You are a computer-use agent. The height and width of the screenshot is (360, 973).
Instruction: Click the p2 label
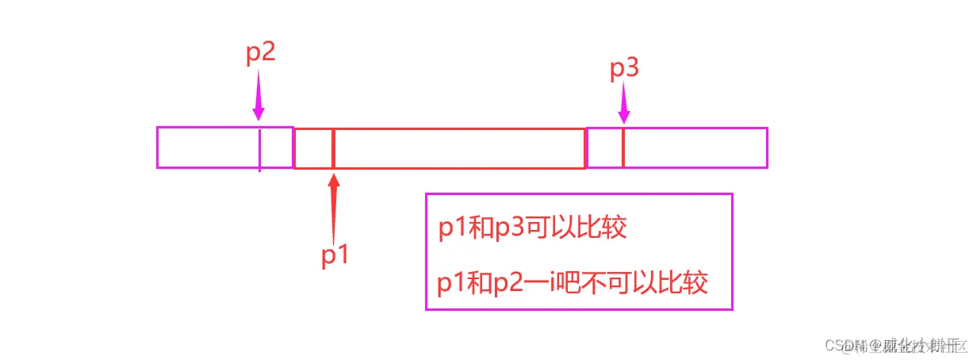click(260, 53)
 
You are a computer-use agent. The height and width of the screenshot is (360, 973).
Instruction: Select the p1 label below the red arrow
click(335, 255)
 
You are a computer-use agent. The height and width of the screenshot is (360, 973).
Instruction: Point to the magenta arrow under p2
click(259, 95)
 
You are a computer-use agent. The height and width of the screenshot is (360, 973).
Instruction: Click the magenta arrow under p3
click(623, 104)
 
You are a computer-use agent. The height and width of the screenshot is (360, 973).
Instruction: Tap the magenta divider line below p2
click(259, 148)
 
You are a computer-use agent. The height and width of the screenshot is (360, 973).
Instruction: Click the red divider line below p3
click(623, 147)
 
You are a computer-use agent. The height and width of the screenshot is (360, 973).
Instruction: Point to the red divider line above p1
click(334, 147)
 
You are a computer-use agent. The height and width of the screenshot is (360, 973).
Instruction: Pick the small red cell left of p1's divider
click(314, 147)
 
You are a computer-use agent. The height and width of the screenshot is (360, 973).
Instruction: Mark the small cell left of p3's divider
click(605, 147)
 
